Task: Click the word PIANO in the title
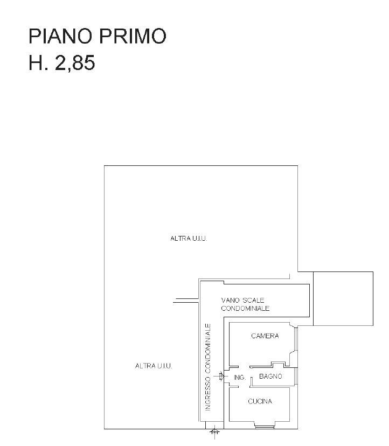60,36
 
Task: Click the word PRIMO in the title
133,36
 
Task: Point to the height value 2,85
75,63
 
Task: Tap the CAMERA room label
265,336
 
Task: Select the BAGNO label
270,377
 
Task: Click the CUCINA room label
260,401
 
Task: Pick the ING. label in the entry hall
240,378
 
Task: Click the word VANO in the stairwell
231,300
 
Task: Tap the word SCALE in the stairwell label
254,300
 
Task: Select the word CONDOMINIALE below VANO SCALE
245,308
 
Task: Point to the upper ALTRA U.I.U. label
189,239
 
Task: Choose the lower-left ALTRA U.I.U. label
154,366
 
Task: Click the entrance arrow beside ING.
220,377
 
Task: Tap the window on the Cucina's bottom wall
265,427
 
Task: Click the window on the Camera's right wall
296,339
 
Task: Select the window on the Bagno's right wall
296,377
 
